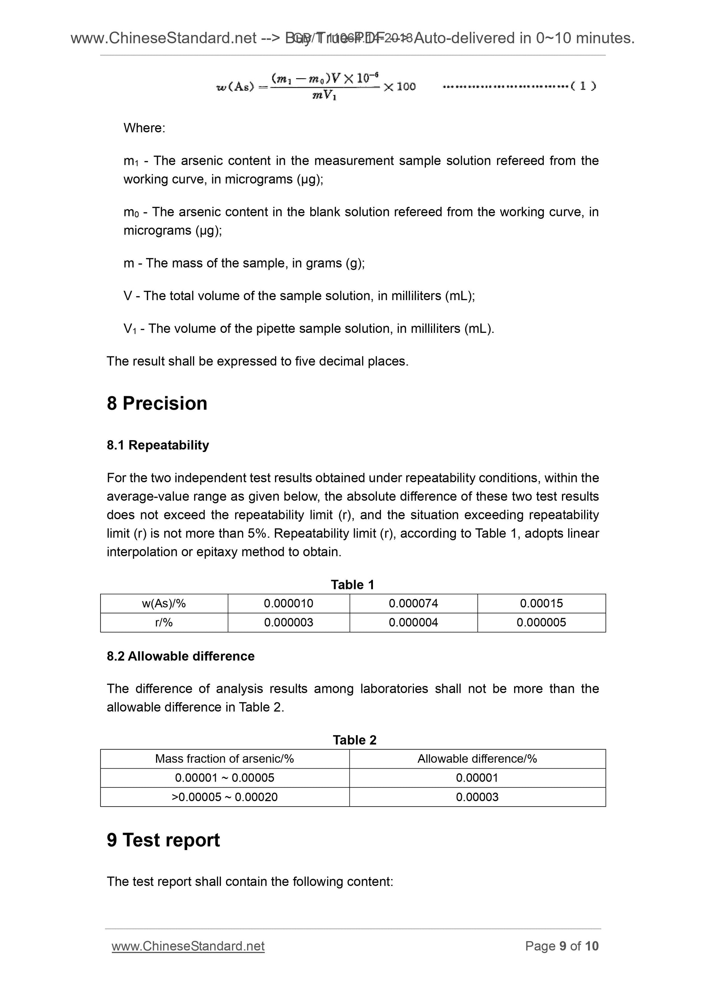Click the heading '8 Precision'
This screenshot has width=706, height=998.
coord(157,403)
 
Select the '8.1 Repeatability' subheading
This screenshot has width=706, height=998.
coord(158,445)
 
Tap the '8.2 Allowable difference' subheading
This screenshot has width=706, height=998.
coord(181,656)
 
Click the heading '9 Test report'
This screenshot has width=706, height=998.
coord(163,840)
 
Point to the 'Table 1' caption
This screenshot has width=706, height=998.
coord(352,585)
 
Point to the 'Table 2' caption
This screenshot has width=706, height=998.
coord(354,740)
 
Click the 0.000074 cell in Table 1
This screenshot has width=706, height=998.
coord(413,603)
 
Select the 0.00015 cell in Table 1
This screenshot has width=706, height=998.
coord(541,603)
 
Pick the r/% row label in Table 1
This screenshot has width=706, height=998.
coord(164,622)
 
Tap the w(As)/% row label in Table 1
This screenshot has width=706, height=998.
coord(164,603)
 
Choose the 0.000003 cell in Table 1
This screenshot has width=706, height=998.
coord(288,622)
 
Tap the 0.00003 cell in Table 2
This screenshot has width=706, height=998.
coord(477,797)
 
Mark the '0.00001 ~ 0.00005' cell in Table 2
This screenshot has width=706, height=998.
coord(225,778)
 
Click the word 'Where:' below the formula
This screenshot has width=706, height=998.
coord(144,128)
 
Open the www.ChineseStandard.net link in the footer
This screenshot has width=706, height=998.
coord(188,946)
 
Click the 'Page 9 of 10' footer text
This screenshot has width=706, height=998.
coord(562,946)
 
